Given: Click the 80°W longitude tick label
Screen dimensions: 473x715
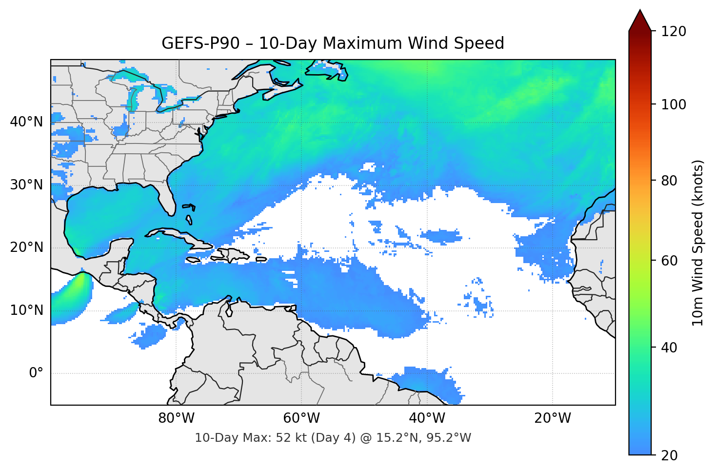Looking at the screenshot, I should (176, 418).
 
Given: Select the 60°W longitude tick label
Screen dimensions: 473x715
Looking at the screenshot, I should (301, 418).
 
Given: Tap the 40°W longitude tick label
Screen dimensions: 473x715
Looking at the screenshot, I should (427, 418).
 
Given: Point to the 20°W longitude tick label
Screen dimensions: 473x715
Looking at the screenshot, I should (552, 418).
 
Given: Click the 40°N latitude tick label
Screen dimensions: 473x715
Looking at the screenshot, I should (26, 122).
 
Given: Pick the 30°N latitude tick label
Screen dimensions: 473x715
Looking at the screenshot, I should (26, 185).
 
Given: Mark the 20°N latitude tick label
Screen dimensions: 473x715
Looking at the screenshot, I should (26, 247).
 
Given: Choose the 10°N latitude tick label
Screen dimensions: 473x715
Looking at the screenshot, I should (26, 310).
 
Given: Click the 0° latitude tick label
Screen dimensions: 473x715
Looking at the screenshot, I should (36, 373).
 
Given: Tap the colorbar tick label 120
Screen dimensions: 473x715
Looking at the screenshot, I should (674, 32).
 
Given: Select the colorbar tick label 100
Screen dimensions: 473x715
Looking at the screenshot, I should (674, 104).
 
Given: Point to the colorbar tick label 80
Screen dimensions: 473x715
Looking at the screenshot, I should (669, 181).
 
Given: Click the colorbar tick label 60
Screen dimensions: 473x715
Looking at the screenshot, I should (669, 261).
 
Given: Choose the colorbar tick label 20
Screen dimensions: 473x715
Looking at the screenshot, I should (669, 455).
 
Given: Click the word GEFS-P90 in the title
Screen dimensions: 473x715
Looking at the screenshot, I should (200, 43).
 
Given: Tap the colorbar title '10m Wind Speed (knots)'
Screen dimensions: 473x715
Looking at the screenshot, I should (698, 243).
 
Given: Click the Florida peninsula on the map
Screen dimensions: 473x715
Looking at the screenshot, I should (167, 198).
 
